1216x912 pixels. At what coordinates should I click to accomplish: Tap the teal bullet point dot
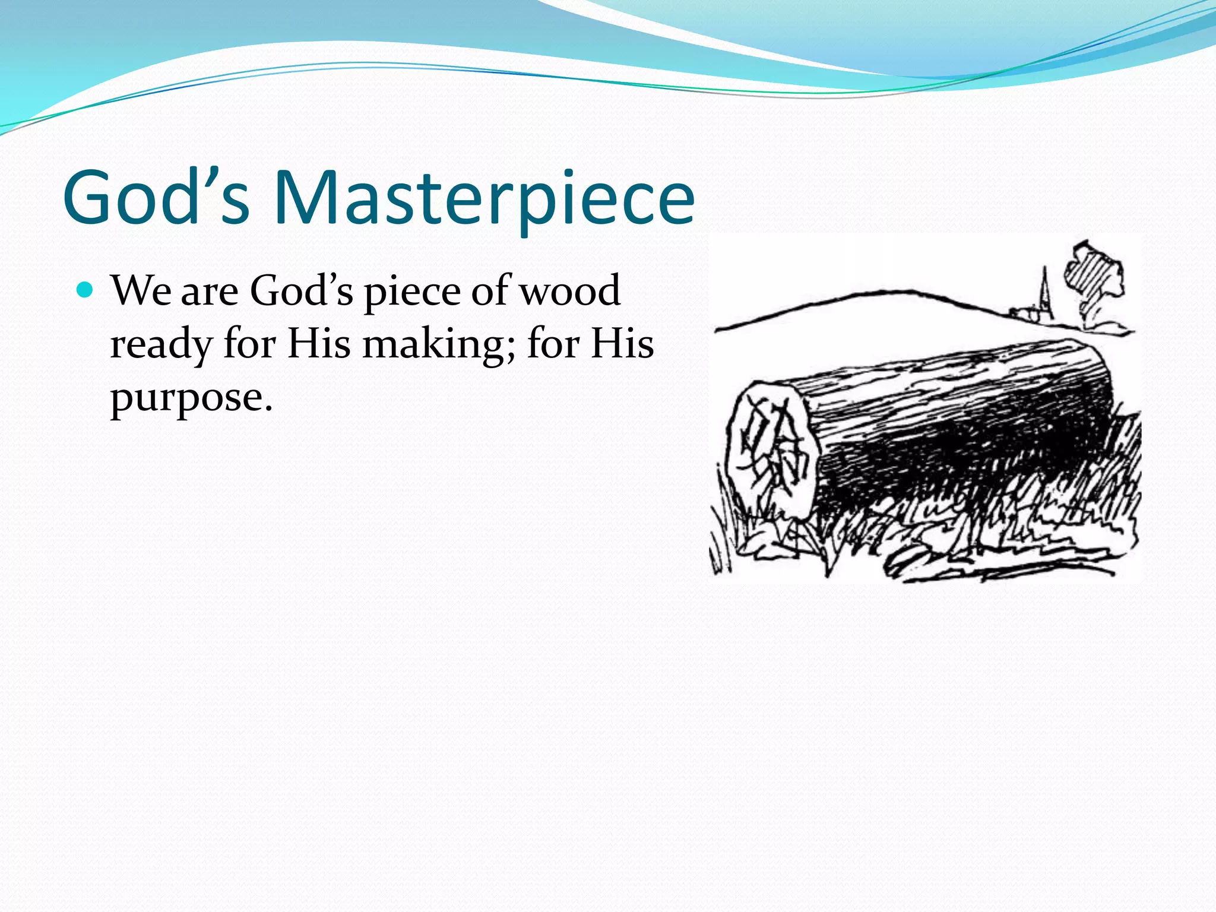pos(86,290)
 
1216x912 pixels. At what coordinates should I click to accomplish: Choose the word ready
pos(161,345)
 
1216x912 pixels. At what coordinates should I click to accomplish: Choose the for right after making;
pos(552,344)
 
